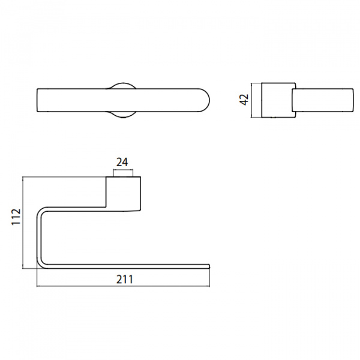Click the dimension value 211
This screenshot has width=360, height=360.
125,280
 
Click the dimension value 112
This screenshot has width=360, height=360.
16,217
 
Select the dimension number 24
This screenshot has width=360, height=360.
122,163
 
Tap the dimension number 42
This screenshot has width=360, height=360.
244,100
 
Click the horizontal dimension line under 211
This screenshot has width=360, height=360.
123,286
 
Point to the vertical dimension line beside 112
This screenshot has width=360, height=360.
23,223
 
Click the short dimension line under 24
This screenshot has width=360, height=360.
123,170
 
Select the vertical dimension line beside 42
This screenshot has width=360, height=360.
252,100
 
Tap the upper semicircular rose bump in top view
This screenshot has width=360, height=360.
123,84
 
